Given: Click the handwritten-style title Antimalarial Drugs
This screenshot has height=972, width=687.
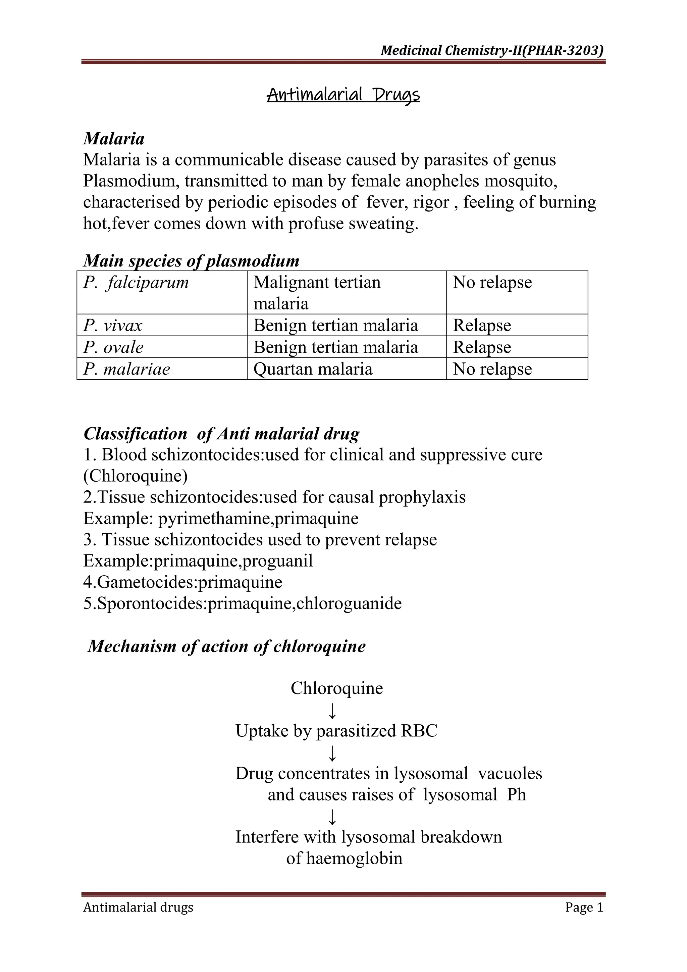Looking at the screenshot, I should click(343, 95).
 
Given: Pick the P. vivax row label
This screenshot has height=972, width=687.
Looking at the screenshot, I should click(113, 326).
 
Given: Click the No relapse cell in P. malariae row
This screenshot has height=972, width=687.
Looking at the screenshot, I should click(492, 369).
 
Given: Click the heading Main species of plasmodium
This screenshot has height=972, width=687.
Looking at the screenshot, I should click(191, 261).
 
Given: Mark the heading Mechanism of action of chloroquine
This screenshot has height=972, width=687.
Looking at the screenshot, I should click(226, 646).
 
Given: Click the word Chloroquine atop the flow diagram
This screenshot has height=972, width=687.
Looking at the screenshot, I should click(337, 688).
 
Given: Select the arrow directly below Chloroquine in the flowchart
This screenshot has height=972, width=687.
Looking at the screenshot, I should click(332, 711).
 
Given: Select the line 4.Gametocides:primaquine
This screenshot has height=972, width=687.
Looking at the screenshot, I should click(183, 582).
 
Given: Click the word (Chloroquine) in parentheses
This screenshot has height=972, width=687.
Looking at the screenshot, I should click(136, 476).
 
